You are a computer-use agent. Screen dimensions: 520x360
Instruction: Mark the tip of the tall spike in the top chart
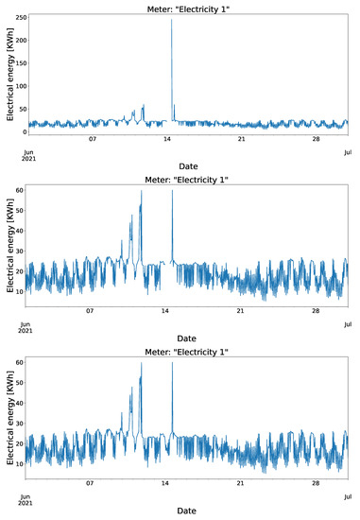(x=171, y=20)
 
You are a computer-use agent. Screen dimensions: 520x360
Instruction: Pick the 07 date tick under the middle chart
(x=92, y=312)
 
